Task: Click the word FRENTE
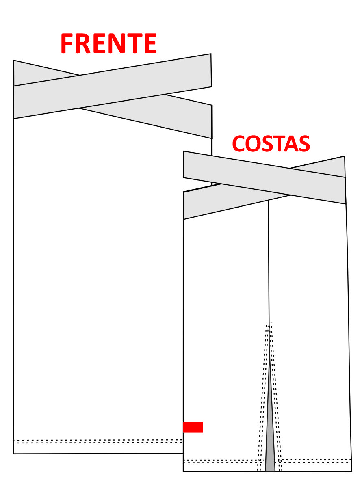pos(108,44)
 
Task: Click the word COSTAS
pos(271,143)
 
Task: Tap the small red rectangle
pos(193,427)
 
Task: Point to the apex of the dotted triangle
pos(269,322)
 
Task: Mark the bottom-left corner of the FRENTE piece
pos(14,454)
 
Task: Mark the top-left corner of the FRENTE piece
pos(14,61)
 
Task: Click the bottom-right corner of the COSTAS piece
pos(351,471)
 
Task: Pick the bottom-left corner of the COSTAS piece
pos(183,471)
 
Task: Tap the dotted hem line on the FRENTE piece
pos(98,441)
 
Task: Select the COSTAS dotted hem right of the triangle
pos(317,461)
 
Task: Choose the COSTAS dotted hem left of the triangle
pos(219,461)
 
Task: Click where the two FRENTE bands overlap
pos(122,92)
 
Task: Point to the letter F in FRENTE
pos(67,44)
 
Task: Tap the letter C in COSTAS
pos(239,143)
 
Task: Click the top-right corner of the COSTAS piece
pos(345,156)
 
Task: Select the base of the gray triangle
pos(270,471)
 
